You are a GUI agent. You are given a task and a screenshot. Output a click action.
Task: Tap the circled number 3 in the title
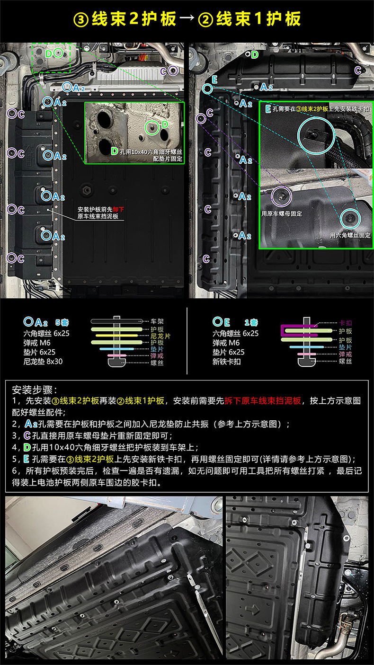pos(80,19)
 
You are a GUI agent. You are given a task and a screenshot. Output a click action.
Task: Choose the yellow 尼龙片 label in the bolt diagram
pos(160,335)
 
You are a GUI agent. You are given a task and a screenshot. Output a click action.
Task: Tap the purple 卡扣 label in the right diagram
pos(346,323)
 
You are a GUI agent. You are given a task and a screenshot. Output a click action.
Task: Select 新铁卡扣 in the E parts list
pos(227,361)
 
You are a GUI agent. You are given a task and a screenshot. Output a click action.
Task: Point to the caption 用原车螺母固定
pos(281,213)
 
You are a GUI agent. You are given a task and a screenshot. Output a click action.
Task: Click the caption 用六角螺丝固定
pos(350,235)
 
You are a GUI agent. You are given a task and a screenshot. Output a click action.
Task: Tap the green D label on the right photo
pos(255,54)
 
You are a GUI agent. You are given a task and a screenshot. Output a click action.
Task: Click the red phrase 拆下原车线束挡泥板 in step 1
pos(264,400)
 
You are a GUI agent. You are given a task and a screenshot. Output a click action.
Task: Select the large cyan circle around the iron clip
pos(316,134)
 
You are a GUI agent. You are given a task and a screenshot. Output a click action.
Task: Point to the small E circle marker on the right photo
pos(207,88)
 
